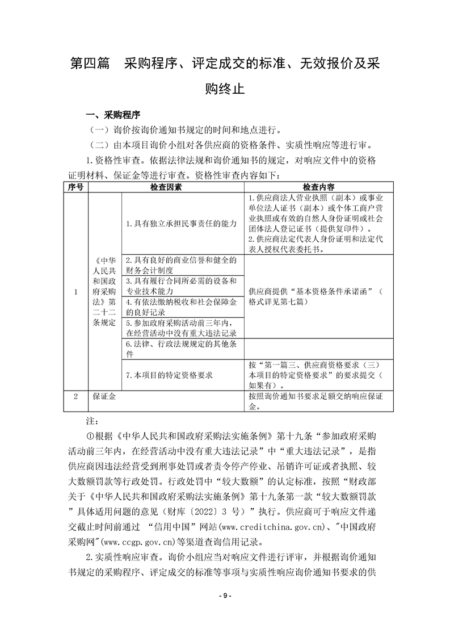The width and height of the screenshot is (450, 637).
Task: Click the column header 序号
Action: click(75, 187)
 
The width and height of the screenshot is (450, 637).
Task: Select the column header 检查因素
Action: click(166, 187)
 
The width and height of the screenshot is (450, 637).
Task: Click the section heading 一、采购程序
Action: click(112, 114)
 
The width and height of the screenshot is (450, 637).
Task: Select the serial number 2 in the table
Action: click(75, 397)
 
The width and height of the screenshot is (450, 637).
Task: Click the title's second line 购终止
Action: click(225, 89)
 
